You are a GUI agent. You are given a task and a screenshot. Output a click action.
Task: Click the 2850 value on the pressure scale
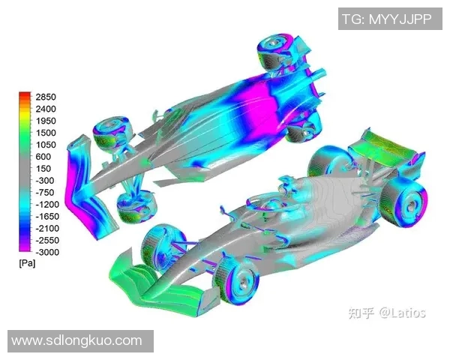pos(46,97)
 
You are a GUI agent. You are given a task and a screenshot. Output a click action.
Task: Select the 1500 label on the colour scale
pos(46,133)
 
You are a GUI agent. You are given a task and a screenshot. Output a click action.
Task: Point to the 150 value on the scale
pos(43,169)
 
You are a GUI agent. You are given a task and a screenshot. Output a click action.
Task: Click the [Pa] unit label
pos(27,264)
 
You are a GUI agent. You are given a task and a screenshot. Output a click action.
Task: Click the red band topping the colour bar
pos(25,95)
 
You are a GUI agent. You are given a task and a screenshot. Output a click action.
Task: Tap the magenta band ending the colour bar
pos(25,248)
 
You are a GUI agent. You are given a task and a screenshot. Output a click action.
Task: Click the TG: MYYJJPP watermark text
pos(387,19)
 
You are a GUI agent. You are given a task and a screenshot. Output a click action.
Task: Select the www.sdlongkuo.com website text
pos(77,341)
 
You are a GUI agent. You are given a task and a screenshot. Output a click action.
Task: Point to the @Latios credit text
pos(401,312)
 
